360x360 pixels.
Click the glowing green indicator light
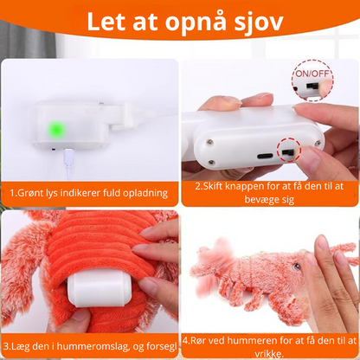[x=56, y=130]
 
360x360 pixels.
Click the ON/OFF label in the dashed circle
[x=312, y=74]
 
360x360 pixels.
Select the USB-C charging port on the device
[x=265, y=157]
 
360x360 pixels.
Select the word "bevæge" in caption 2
[x=261, y=199]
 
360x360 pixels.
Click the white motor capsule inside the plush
[x=96, y=287]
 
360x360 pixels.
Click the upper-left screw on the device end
[x=210, y=142]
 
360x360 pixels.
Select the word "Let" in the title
[x=106, y=22]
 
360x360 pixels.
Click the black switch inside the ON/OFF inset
[x=312, y=86]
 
